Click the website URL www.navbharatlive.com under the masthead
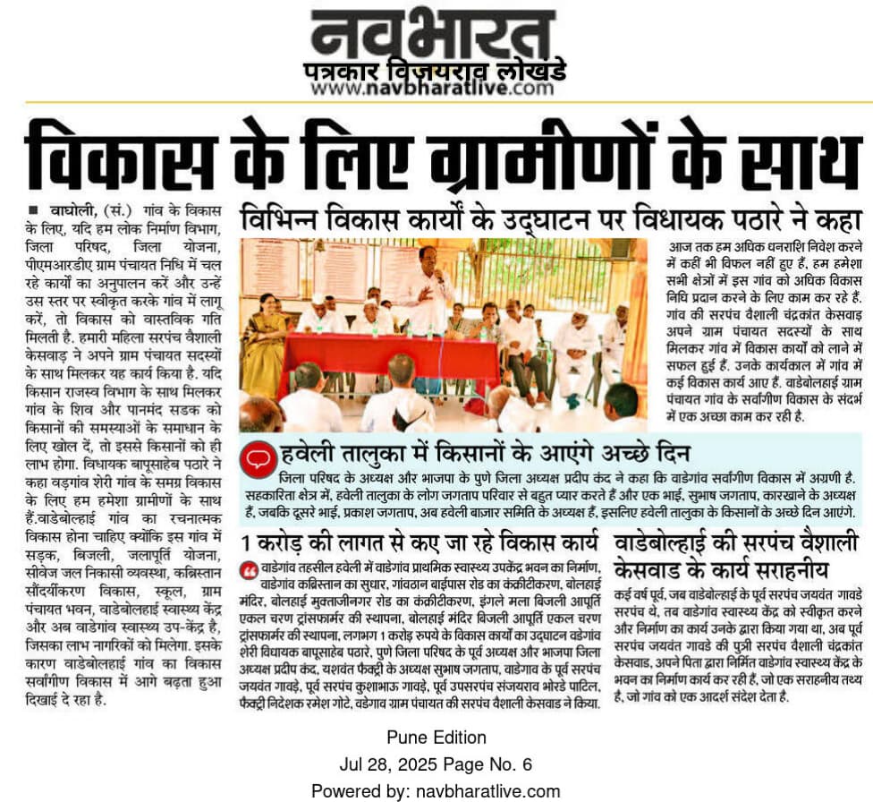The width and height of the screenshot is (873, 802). click(433, 89)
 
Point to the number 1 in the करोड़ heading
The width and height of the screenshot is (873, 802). click(245, 542)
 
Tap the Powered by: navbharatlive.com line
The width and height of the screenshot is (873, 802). click(436, 791)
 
